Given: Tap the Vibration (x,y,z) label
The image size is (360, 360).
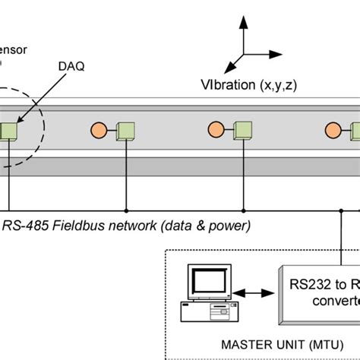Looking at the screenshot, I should pos(248,85).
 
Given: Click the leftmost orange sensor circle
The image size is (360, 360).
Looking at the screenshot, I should pos(98,130).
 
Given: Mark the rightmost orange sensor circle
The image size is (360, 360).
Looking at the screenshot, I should pos(333,130).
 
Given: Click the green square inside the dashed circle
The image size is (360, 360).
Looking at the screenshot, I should pos(9,131).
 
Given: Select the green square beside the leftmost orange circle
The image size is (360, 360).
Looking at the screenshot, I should pos(125,131).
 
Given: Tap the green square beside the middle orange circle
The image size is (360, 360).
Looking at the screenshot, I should pos(243,131).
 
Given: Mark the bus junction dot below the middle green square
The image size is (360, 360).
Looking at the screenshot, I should pos(243,210).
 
